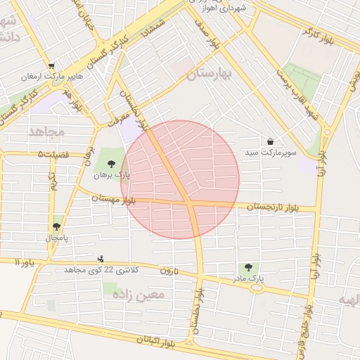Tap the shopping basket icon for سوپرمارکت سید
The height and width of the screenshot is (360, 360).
click(271, 141)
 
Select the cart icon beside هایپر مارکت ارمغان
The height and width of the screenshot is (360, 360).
click(51, 66)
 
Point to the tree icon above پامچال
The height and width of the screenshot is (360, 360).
click(56, 226)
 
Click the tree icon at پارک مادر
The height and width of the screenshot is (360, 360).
click(248, 267)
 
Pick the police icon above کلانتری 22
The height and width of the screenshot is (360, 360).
click(101, 258)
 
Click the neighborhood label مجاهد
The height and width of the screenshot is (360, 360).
click(46, 131)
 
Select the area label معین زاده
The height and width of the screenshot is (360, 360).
click(138, 295)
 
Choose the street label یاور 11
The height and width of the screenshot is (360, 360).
click(24, 262)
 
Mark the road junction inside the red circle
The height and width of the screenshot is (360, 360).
click(191, 205)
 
